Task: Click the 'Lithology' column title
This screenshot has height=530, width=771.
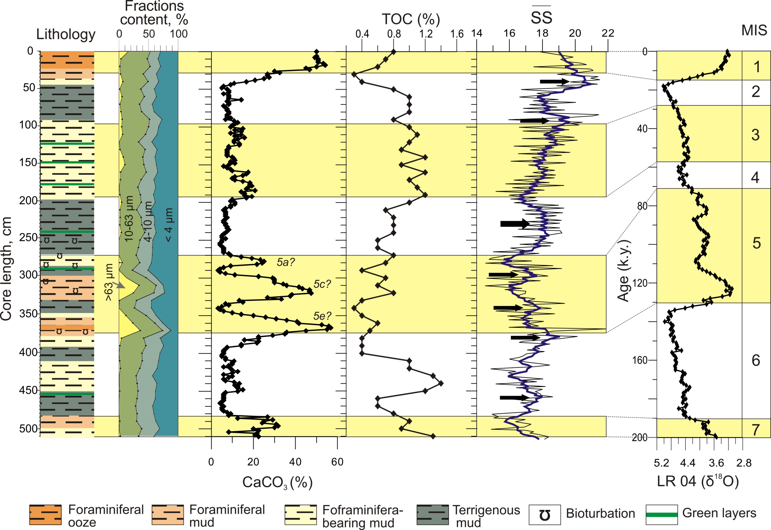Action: (66, 34)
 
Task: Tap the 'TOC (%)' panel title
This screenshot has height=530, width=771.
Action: (411, 19)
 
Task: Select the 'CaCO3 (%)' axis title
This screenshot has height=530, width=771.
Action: (277, 482)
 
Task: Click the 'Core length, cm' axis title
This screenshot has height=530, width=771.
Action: (6, 269)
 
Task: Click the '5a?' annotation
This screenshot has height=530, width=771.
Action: (286, 262)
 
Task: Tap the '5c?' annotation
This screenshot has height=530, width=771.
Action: (322, 284)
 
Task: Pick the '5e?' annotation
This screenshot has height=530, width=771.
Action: (322, 316)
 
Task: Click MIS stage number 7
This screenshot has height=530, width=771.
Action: (756, 430)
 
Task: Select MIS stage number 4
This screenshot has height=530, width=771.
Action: (755, 178)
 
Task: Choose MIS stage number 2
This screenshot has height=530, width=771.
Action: (756, 92)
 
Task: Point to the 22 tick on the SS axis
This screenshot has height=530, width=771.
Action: (608, 33)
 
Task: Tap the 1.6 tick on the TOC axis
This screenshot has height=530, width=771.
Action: (457, 34)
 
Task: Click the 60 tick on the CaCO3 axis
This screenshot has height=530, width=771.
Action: (337, 462)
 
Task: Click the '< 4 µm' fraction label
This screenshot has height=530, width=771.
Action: (168, 225)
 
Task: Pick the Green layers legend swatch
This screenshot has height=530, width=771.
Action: (662, 515)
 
